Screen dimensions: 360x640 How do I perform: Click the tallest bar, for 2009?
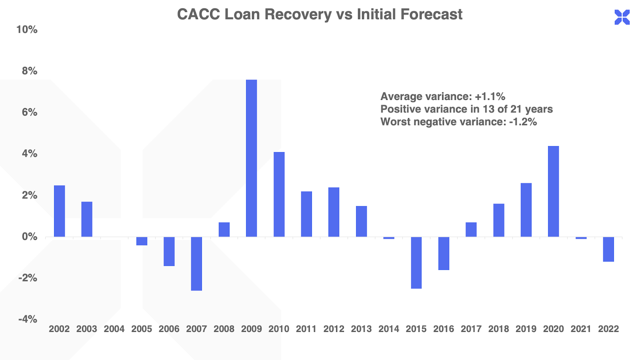[x=251, y=158]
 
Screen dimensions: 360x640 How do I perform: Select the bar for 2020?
[x=553, y=191]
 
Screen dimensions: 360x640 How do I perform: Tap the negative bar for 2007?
[x=196, y=264]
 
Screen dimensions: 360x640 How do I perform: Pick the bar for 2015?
[x=416, y=262]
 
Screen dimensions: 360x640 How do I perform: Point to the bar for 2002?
[x=59, y=211]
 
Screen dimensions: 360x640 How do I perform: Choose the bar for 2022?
[x=608, y=249]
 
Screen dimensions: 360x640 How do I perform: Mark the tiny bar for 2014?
[x=389, y=238]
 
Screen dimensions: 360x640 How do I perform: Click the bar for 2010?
[x=279, y=194]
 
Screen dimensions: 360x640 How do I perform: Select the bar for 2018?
[x=498, y=220]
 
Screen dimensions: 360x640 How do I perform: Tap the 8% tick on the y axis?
[x=29, y=71]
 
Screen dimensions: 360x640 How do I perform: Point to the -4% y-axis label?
[x=28, y=319]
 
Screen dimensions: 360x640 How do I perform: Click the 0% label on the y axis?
[x=29, y=237]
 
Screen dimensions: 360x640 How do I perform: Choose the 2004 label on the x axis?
[x=114, y=329]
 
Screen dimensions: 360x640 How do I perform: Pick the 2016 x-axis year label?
[x=444, y=329]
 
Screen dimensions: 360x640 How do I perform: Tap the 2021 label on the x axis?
[x=581, y=329]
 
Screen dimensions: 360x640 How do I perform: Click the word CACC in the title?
[x=198, y=14]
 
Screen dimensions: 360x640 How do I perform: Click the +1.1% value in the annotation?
[x=490, y=96]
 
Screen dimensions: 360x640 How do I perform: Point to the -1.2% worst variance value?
[x=523, y=122]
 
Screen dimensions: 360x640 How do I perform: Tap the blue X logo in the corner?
[x=622, y=18]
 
